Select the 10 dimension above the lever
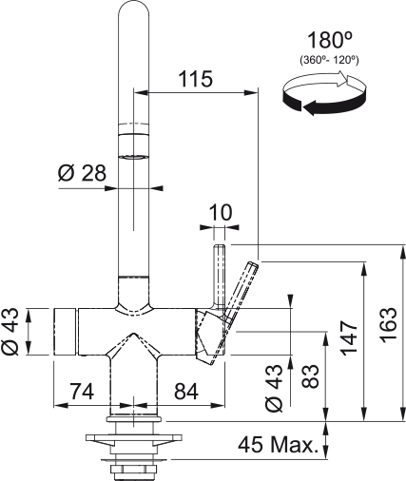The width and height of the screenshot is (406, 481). click(x=219, y=212)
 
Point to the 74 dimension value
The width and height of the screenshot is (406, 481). click(x=82, y=390)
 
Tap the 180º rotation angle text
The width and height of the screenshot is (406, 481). click(x=326, y=41)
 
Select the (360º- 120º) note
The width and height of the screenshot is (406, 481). click(x=326, y=61)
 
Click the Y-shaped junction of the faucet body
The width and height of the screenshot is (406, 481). click(x=134, y=347)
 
